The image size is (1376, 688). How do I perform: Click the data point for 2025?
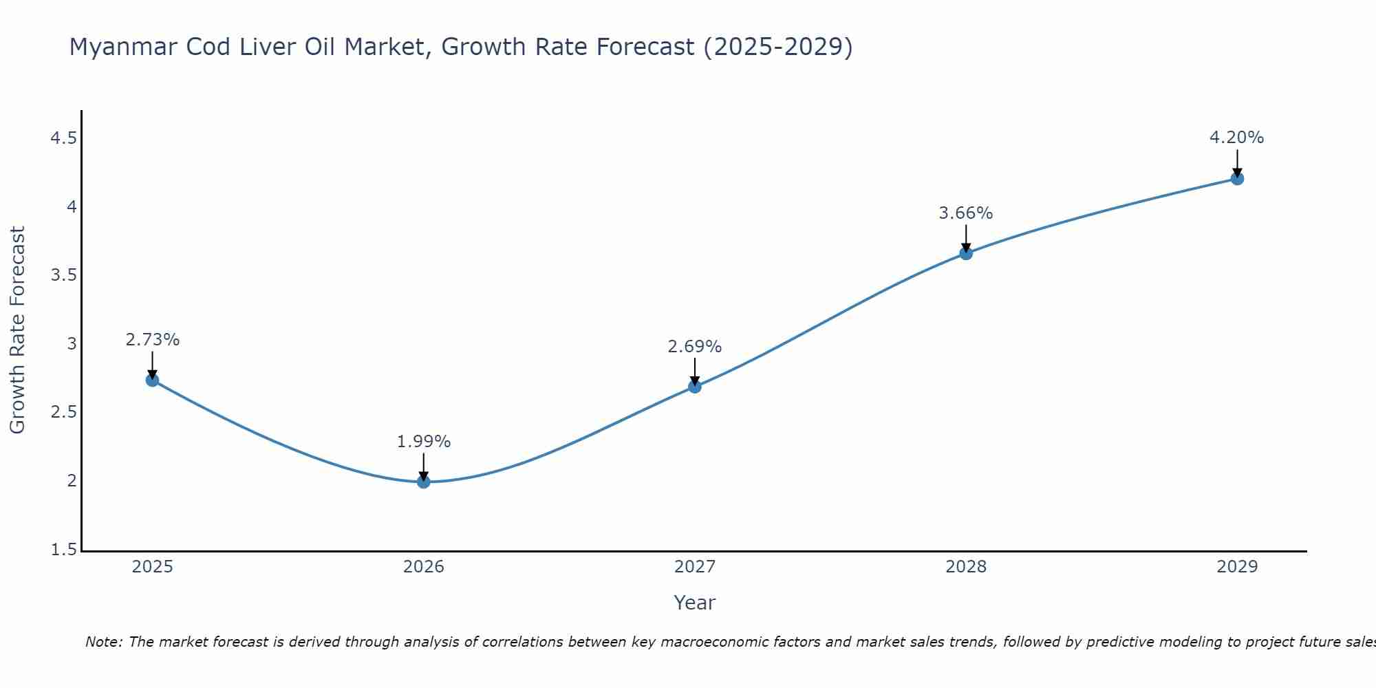153,380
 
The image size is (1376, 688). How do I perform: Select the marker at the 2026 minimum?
424,482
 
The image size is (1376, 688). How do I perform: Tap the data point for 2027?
695,387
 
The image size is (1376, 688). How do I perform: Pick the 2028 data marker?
966,253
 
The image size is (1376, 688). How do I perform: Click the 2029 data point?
1237,179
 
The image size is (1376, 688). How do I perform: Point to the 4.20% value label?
1236,138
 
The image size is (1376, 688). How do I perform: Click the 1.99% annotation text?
424,442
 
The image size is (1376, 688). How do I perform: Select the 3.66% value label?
966,213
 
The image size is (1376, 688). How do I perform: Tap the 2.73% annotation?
153,340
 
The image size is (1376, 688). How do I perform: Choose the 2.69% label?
695,347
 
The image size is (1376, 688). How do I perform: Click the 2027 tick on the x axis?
695,567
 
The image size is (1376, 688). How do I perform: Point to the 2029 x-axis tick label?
1237,567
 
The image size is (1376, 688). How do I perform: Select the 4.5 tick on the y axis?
63,139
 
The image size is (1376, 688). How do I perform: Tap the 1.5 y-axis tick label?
63,550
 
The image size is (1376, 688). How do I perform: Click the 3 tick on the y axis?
72,344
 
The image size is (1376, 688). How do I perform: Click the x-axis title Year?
695,603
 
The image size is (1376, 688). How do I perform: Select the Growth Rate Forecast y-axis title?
17,330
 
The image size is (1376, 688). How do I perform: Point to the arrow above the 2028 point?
966,238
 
